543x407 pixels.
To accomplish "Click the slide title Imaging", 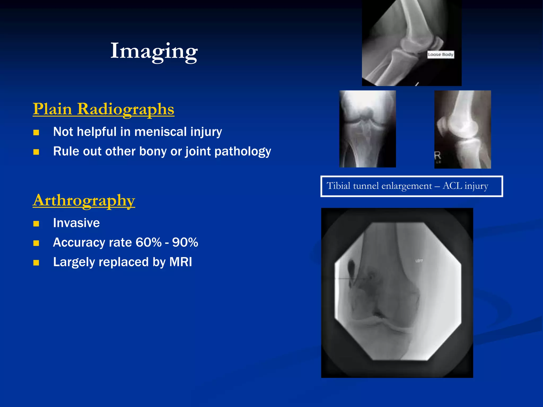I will [x=154, y=51].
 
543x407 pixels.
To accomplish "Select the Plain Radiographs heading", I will [x=103, y=109].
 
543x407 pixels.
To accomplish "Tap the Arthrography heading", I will [x=84, y=200].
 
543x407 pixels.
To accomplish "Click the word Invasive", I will [x=76, y=223].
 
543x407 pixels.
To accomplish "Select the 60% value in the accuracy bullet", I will [x=148, y=242].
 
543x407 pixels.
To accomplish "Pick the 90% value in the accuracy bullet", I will [x=185, y=242].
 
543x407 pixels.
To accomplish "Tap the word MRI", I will [x=181, y=262].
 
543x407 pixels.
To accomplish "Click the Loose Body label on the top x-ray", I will [x=440, y=54].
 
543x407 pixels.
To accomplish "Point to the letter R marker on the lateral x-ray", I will [x=437, y=156].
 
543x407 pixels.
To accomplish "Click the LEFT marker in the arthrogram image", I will [x=419, y=261].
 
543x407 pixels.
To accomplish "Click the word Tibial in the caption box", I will [x=338, y=186].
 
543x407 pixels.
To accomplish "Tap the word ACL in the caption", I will [x=453, y=186].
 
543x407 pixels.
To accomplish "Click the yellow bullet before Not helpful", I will [x=36, y=132].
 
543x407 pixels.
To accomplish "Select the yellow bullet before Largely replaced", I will [x=36, y=263].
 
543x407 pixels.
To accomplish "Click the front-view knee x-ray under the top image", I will [x=367, y=129].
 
